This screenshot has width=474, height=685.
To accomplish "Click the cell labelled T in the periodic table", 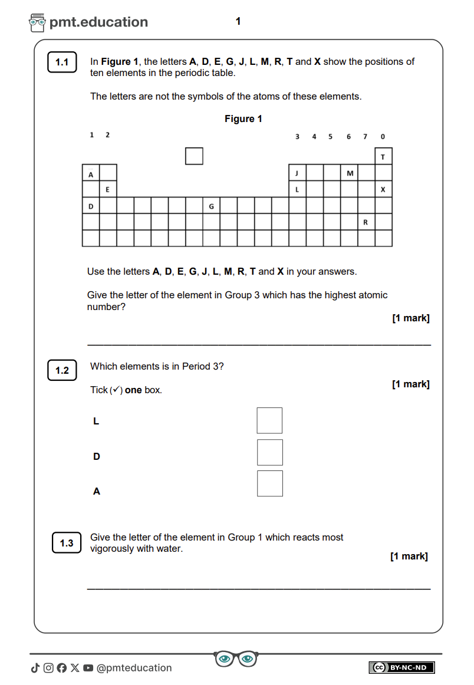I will click(x=383, y=156).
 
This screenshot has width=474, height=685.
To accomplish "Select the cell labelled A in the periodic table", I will click(x=91, y=173).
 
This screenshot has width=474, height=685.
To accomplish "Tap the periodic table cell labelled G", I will click(x=212, y=206).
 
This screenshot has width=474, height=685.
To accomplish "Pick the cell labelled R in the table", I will click(x=366, y=222).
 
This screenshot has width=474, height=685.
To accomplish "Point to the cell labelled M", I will click(x=350, y=173).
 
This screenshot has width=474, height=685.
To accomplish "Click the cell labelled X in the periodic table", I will click(x=383, y=189).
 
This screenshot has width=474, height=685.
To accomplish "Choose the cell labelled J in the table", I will click(x=297, y=173).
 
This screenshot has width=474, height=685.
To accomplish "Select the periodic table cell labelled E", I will click(x=108, y=189).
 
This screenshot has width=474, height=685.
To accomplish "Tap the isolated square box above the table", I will click(x=194, y=156).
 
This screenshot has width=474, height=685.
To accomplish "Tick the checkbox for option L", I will click(x=269, y=420).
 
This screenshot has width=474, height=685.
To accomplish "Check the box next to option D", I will click(x=269, y=452).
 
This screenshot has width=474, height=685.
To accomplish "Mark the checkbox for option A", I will click(x=269, y=483).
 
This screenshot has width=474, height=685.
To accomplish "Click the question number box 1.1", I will click(x=62, y=62).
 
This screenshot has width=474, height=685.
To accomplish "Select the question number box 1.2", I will click(x=62, y=370).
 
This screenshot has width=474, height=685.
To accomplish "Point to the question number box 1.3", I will click(x=67, y=543).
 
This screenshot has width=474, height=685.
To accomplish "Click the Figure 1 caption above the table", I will click(x=243, y=119).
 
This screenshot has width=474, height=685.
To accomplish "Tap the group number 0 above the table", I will click(x=383, y=137).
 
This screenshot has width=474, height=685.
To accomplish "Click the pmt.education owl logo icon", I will click(x=37, y=22).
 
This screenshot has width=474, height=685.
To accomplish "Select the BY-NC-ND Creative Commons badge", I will click(x=401, y=667).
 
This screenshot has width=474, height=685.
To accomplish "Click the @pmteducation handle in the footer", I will click(x=134, y=668).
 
